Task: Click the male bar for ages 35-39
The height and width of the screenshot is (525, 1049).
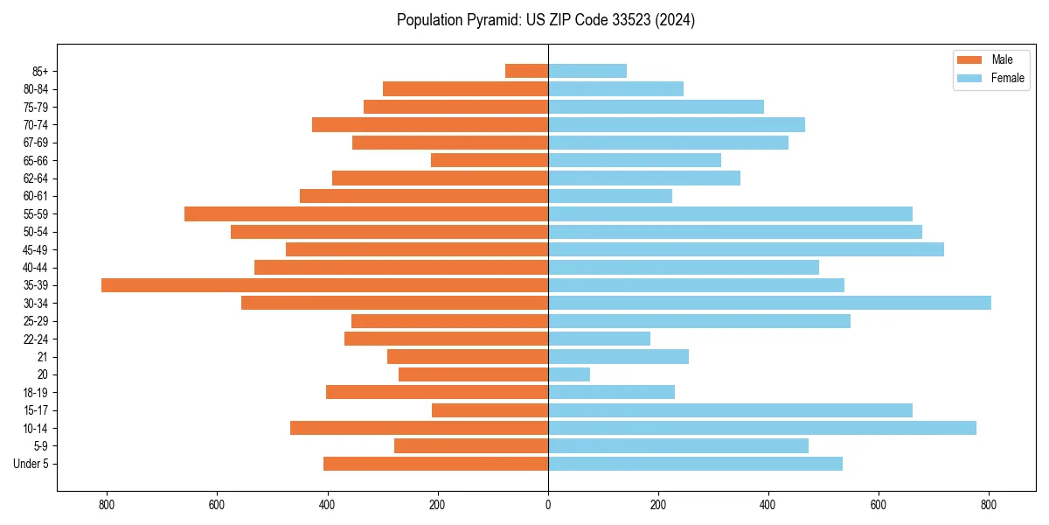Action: [x=324, y=285]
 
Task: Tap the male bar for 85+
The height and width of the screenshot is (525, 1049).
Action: [x=526, y=71]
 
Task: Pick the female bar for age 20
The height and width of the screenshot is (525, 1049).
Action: [x=569, y=374]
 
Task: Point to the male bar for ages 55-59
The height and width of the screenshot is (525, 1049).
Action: [x=366, y=213]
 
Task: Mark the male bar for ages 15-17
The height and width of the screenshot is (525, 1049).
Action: [x=490, y=410]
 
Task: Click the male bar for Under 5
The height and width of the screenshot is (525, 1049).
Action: [x=435, y=464]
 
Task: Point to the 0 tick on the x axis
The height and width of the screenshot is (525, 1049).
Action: [x=548, y=505]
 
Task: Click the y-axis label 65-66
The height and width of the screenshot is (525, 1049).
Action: [x=37, y=160]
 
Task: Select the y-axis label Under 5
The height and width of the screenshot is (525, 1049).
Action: [x=31, y=464]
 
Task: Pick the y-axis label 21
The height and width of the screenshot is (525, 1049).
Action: [x=43, y=357]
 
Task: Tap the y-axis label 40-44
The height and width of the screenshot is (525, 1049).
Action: [x=37, y=268]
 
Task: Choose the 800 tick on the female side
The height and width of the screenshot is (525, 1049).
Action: [x=989, y=505]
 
